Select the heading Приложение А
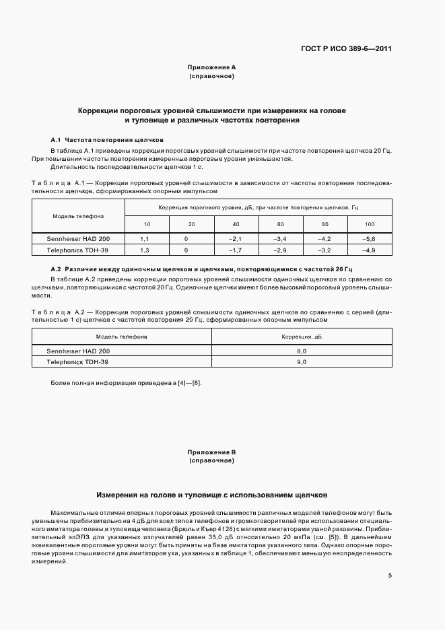[x=212, y=67]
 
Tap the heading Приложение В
[x=212, y=452]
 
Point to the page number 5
[x=390, y=575]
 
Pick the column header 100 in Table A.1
[x=370, y=224]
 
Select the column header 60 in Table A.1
[x=280, y=224]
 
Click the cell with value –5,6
[x=370, y=239]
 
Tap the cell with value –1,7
[x=236, y=250]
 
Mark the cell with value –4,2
[x=325, y=239]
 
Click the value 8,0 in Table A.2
[x=302, y=351]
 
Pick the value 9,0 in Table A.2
[x=302, y=362]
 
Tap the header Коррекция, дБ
[x=302, y=337]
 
